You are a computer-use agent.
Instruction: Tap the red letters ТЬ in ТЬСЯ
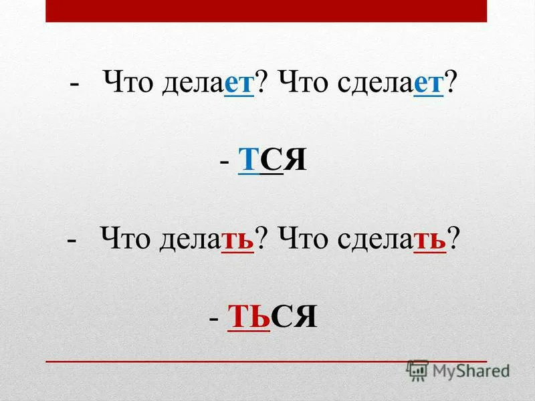(x=249, y=315)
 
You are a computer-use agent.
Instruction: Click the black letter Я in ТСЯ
(x=296, y=159)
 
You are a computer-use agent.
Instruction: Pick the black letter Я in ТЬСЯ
(x=306, y=315)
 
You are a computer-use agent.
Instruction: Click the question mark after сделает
(x=450, y=82)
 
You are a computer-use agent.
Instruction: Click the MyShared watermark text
(x=471, y=371)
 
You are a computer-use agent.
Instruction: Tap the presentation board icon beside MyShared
(x=417, y=370)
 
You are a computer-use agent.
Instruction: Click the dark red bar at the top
(x=266, y=11)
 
